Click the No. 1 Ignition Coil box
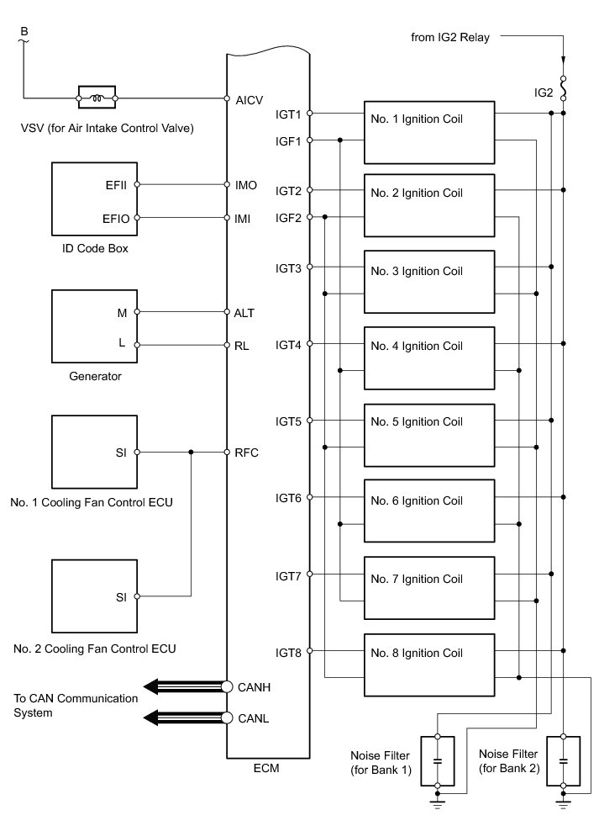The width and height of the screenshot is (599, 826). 428,132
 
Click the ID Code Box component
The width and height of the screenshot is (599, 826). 93,199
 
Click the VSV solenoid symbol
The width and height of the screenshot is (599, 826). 97,98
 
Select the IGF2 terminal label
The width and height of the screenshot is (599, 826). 288,217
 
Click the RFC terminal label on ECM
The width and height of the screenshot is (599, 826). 247,453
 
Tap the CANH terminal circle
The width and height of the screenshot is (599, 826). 227,687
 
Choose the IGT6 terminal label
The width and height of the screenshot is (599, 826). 288,498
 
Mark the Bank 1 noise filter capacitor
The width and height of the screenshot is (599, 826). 437,760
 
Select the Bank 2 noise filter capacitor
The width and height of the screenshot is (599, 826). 563,760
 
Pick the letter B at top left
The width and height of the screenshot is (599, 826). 24,32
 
